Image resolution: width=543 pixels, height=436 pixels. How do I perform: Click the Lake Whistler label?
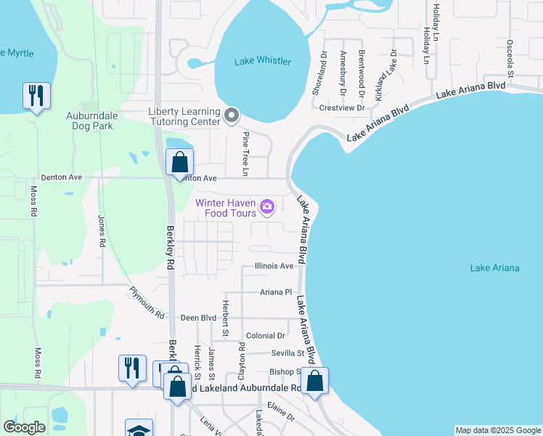point(263,61)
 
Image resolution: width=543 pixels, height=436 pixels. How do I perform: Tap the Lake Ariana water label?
point(494,268)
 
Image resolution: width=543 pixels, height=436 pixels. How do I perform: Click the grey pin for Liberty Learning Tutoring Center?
point(232,116)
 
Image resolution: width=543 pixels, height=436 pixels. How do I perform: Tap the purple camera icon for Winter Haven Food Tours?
point(267,208)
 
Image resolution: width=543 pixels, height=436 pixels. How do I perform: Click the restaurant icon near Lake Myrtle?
point(35,96)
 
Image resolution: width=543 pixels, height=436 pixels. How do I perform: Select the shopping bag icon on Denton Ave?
point(179,163)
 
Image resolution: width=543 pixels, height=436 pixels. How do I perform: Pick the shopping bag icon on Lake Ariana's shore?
point(315,381)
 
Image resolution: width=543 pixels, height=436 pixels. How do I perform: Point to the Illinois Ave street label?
point(274,266)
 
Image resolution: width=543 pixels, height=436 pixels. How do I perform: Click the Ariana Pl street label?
point(276,292)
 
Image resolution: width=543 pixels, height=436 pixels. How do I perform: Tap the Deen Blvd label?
point(199,318)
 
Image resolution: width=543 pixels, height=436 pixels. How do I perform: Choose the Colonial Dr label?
point(266,336)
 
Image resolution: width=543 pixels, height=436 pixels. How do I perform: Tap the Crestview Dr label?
point(341,108)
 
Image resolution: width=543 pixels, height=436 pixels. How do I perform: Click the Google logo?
point(24,427)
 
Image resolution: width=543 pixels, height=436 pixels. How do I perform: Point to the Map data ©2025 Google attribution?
point(497,430)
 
